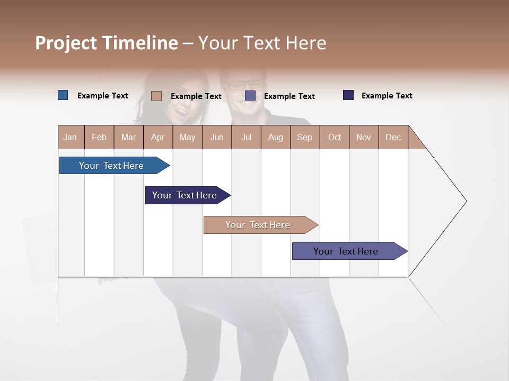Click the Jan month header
[71, 137]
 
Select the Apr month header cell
[158, 137]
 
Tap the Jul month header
[246, 137]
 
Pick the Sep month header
[305, 137]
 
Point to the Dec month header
[393, 137]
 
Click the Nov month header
[364, 137]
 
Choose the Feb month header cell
[99, 137]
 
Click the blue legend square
[63, 95]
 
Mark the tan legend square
[156, 96]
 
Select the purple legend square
[250, 96]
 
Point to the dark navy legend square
[348, 95]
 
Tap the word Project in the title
[66, 43]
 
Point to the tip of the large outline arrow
[466, 201]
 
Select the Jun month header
[217, 137]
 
